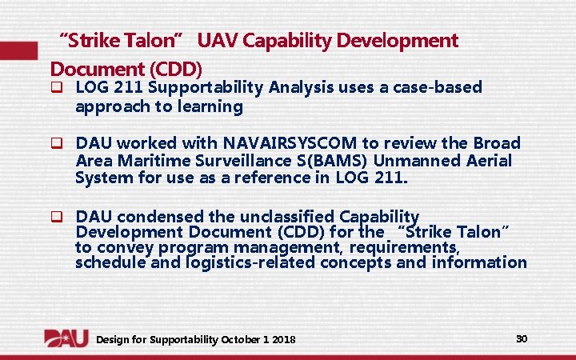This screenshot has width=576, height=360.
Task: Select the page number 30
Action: point(522,338)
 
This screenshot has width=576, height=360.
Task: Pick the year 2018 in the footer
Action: point(283,340)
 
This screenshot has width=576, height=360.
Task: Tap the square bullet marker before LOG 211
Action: point(57,87)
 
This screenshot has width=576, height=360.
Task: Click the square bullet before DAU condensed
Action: point(57,216)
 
